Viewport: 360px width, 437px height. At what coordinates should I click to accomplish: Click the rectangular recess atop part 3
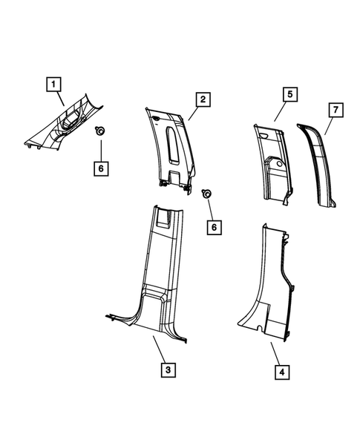[168, 217]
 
